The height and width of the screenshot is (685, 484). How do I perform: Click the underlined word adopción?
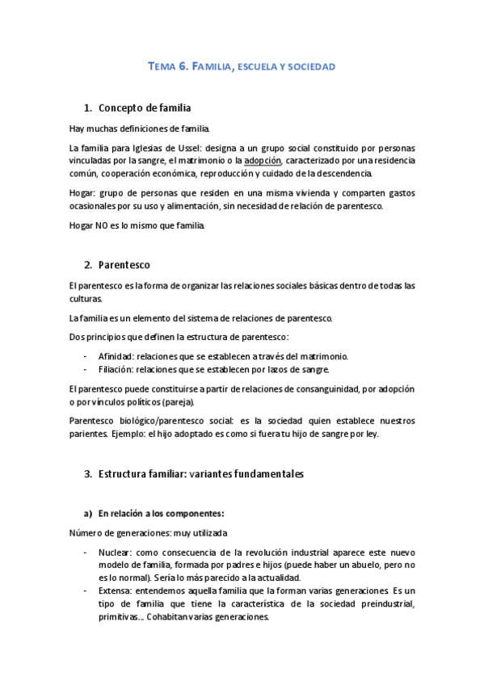tap(263, 161)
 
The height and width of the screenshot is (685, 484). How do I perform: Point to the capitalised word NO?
tap(103, 225)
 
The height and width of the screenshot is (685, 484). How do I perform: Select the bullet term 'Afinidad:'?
tap(116, 356)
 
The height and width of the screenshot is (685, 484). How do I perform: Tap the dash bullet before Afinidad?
tap(86, 356)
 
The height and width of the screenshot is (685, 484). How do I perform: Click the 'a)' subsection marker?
tap(88, 513)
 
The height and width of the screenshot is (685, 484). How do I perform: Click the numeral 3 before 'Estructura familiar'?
tap(87, 474)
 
